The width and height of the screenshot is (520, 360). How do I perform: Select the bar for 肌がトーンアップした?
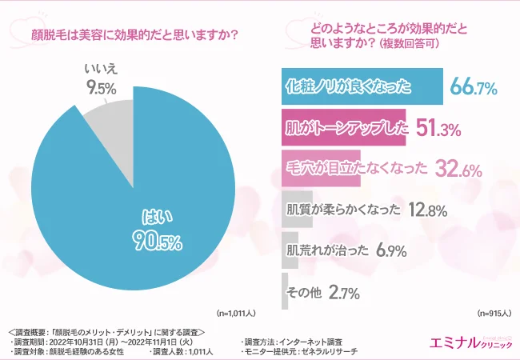(344, 127)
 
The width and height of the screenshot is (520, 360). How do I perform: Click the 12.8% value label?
(428, 210)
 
